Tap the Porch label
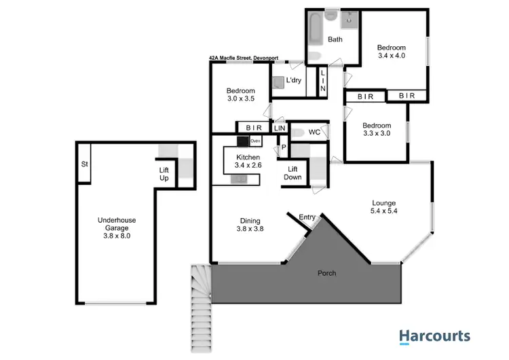tap(326, 273)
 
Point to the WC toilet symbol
tap(297, 132)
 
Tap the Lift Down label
tap(293, 173)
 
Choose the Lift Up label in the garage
tap(164, 174)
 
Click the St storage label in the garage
tap(86, 164)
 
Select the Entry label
tap(307, 217)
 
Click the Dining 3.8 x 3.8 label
tap(241, 224)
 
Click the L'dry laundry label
tap(293, 80)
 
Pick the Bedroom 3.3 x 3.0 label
tap(377, 130)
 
